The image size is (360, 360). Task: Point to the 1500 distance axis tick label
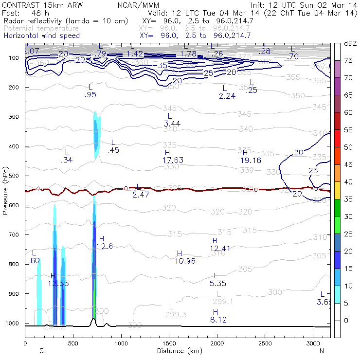[x=169, y=343]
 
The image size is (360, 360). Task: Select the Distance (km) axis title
[x=178, y=351]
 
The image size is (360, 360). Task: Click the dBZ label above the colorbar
[x=350, y=44]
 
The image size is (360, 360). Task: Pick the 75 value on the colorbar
[x=349, y=60]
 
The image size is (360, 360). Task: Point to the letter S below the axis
[x=41, y=351]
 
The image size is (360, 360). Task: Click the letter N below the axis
[x=322, y=351]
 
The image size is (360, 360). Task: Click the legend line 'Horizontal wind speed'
[x=41, y=36]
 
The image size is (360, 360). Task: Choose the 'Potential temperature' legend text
[x=41, y=28]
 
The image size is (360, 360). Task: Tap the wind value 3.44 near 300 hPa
[x=172, y=124]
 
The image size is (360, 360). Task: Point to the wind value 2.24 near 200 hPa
[x=227, y=96]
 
